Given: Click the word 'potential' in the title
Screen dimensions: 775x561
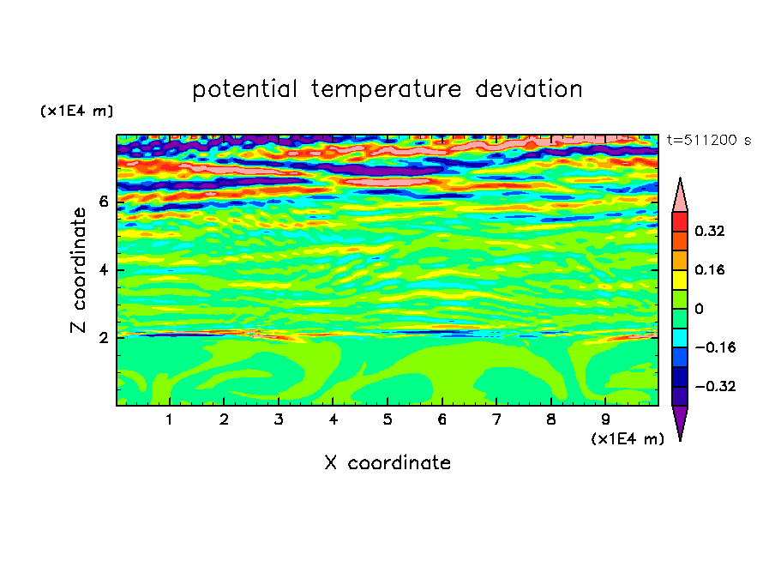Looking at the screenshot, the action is click(x=244, y=90).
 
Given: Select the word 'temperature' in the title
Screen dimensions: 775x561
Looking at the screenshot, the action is click(x=387, y=90).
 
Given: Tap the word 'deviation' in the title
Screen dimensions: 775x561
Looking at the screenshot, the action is click(x=529, y=89).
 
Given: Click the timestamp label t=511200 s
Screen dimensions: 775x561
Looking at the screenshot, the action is click(x=709, y=141).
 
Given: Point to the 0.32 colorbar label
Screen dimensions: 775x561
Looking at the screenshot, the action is click(x=710, y=231).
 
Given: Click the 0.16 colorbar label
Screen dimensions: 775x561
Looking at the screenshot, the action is click(x=710, y=269).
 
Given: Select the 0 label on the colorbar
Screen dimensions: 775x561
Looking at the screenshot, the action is click(x=699, y=309).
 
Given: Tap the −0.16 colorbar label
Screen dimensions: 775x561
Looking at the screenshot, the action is click(x=715, y=347).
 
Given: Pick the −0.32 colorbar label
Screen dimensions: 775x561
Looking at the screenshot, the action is click(x=715, y=386).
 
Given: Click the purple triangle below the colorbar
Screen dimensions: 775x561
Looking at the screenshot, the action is click(x=680, y=420).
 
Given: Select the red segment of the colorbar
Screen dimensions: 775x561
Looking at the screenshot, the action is click(x=680, y=221).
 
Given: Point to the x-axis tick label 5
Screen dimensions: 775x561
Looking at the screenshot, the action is click(x=387, y=419).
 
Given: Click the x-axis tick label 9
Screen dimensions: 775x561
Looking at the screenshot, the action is click(x=605, y=419).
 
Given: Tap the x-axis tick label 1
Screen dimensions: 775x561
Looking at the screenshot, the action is click(x=170, y=419).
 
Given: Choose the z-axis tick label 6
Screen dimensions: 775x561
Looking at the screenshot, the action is click(x=103, y=202).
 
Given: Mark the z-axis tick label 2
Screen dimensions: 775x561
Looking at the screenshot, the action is click(x=103, y=338).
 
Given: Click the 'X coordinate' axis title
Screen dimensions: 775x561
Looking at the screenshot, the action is click(x=387, y=462).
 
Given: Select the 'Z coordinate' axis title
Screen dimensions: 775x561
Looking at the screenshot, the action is click(x=79, y=269).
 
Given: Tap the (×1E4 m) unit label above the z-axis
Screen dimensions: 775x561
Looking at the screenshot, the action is click(x=76, y=111).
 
